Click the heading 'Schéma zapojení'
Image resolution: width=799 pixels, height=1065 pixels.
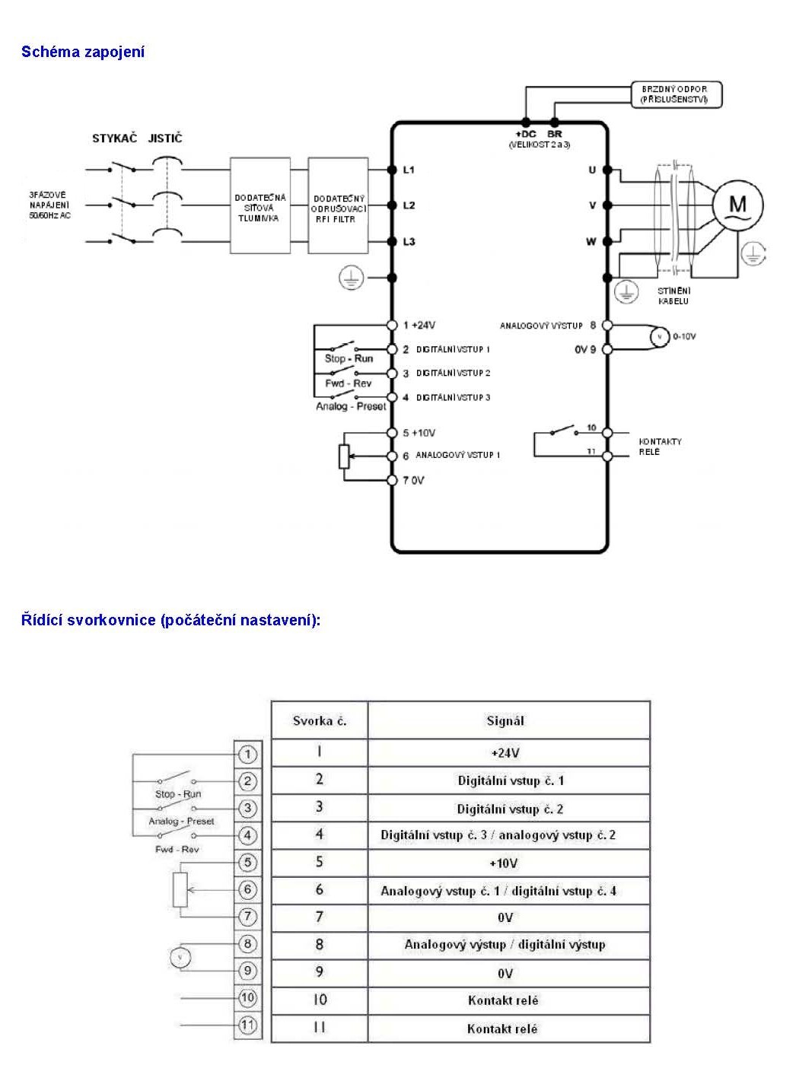click(x=83, y=52)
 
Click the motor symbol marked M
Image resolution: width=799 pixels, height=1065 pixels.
click(x=737, y=205)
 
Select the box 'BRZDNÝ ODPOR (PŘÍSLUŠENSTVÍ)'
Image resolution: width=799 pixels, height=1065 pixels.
click(x=675, y=95)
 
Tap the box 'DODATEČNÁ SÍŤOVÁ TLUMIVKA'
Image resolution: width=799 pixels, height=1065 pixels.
click(x=260, y=205)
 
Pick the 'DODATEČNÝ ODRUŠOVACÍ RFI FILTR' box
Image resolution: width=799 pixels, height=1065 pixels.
click(x=338, y=206)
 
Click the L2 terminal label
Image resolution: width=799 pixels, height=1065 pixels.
click(x=409, y=205)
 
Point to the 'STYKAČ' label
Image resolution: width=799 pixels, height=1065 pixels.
click(x=114, y=138)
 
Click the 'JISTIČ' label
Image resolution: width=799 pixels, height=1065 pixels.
click(x=165, y=138)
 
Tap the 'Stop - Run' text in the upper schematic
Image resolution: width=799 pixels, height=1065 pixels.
click(x=349, y=358)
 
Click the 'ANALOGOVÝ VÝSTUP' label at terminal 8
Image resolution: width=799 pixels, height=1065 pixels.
click(x=541, y=326)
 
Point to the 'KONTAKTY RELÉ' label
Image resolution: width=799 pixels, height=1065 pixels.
click(x=660, y=447)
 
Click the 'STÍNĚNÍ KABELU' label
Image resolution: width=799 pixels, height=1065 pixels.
click(x=673, y=296)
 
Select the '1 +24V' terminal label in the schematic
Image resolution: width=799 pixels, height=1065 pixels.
click(x=419, y=325)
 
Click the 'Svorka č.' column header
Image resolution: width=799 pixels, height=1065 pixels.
click(x=320, y=720)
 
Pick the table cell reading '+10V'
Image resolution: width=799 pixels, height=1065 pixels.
click(x=505, y=863)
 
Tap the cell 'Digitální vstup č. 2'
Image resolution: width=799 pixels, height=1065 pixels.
click(x=509, y=809)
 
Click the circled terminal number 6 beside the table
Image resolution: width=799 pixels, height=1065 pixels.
click(x=248, y=889)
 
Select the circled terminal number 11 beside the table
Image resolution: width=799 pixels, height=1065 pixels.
click(x=248, y=1025)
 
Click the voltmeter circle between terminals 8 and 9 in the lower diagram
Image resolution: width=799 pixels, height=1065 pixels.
click(x=180, y=957)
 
